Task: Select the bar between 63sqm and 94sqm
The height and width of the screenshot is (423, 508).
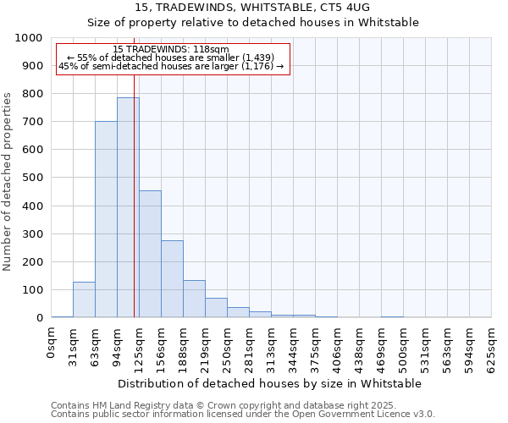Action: (106, 219)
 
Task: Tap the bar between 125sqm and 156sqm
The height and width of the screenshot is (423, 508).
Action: (150, 254)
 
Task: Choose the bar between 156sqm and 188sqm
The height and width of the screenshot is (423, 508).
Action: (172, 279)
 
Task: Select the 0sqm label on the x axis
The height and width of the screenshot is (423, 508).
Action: (52, 343)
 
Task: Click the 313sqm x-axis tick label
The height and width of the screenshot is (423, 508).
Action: (271, 347)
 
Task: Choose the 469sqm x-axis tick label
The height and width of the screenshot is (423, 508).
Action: (381, 347)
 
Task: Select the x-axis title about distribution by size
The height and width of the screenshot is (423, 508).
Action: (271, 383)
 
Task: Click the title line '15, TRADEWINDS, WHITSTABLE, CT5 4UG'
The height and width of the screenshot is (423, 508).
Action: (254, 8)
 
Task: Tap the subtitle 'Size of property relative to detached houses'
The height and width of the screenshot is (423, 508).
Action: (254, 22)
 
